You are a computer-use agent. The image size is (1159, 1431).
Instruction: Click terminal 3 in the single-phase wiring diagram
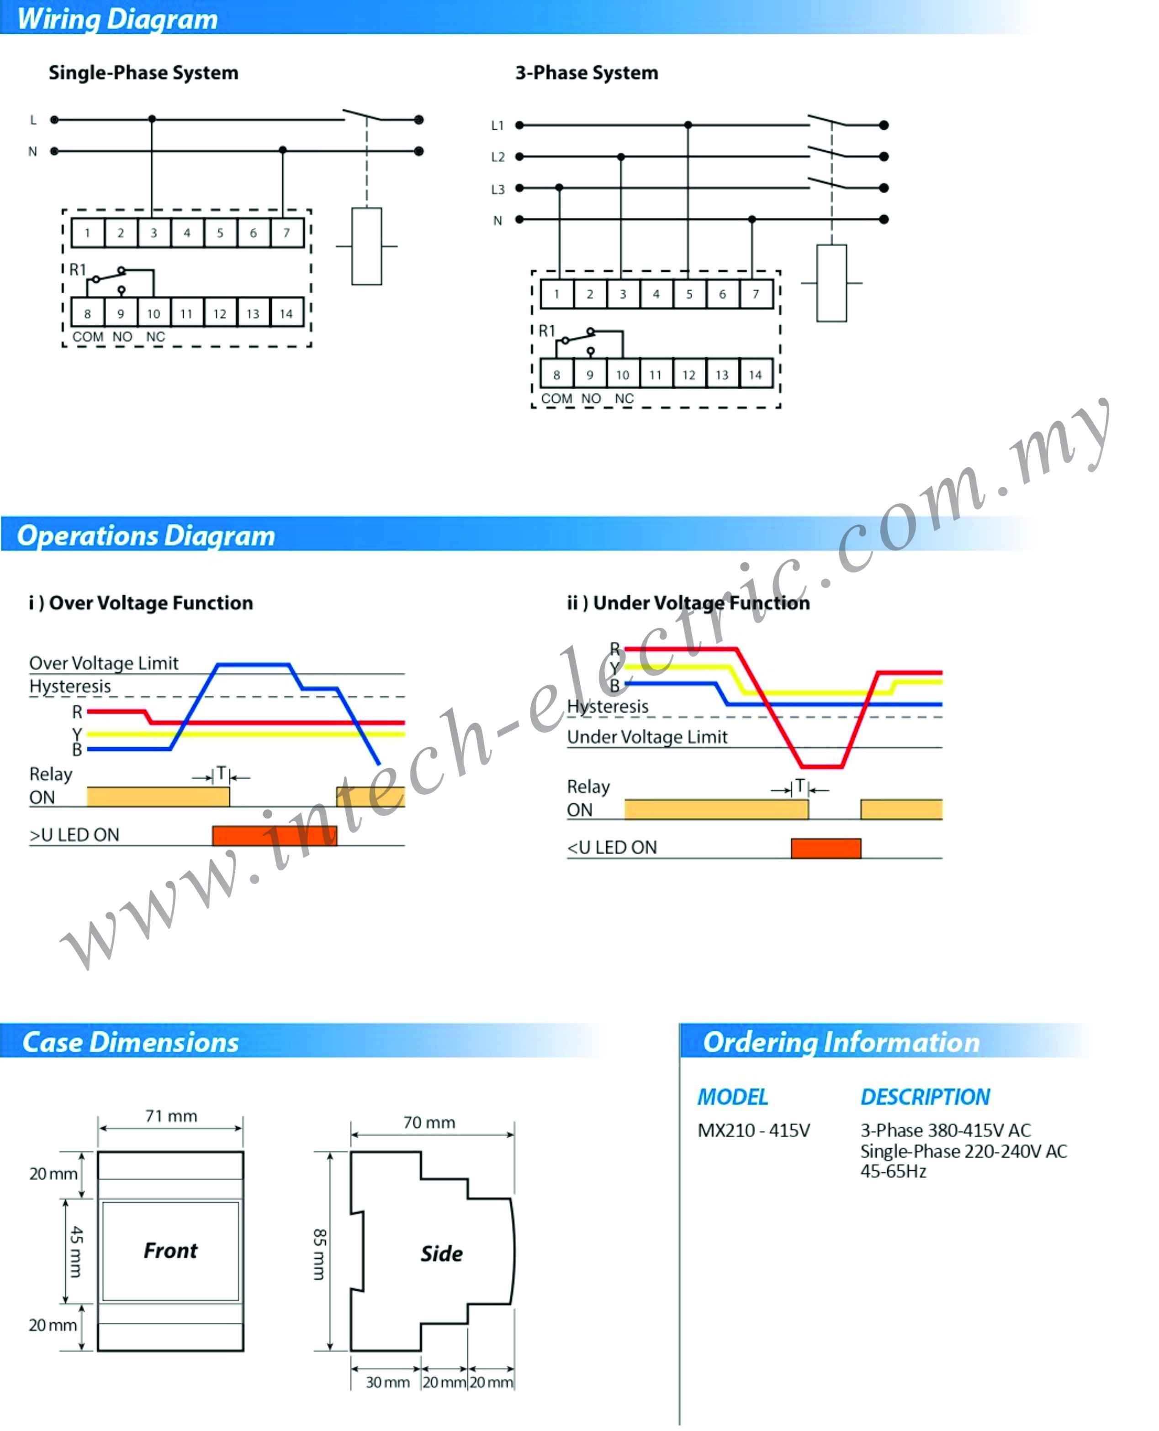tap(153, 233)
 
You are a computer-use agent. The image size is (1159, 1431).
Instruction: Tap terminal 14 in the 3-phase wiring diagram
tap(756, 375)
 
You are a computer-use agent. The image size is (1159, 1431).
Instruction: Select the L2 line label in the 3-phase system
tap(498, 157)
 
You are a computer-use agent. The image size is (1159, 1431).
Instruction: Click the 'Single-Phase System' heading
tap(143, 73)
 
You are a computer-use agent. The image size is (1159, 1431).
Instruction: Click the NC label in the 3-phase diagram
tap(624, 398)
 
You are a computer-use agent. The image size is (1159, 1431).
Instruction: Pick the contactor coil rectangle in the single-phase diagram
tap(366, 246)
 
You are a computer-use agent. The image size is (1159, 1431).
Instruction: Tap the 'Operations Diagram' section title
tap(146, 536)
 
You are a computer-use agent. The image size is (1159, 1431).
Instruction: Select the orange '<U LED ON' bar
tap(826, 848)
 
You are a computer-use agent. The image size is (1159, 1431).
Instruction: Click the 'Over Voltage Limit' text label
tap(104, 663)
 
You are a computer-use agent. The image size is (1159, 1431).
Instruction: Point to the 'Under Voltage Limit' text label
tap(647, 737)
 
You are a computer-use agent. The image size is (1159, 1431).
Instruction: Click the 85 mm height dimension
tap(320, 1254)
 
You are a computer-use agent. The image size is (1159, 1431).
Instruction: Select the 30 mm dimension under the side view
tap(387, 1382)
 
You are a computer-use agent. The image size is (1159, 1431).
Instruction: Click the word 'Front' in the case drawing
tap(171, 1251)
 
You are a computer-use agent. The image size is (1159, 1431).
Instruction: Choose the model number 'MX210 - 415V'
tap(754, 1130)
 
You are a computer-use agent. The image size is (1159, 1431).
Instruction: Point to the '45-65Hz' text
tap(893, 1172)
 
